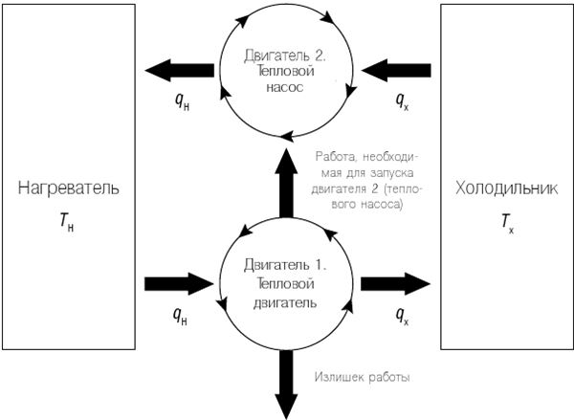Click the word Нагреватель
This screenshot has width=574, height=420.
point(69,188)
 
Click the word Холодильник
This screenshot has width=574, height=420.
point(507,188)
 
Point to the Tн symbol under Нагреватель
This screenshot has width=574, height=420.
point(67,223)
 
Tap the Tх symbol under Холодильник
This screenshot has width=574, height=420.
point(507,223)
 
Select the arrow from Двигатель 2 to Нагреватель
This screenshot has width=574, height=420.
point(180,70)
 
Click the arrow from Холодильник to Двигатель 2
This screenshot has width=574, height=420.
point(396,70)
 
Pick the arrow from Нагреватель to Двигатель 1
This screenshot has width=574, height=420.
point(180,283)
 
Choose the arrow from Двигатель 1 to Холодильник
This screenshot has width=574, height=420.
point(396,283)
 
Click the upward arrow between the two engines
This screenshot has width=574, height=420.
point(286,183)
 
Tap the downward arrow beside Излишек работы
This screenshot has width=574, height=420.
point(286,385)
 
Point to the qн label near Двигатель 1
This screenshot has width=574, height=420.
point(181,316)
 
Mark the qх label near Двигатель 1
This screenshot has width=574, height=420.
point(403,316)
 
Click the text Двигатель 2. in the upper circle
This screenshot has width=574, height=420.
point(285,56)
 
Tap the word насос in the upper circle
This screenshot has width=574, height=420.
point(285,87)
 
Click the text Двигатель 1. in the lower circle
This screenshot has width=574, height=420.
point(285,265)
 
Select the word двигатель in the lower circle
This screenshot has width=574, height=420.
point(285,302)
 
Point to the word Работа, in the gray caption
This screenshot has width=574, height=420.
point(336,157)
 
